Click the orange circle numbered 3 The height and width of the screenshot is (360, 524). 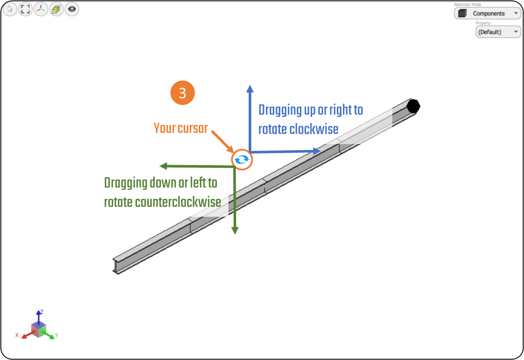(182, 93)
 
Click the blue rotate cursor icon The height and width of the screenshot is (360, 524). (242, 160)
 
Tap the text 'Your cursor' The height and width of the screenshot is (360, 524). (181, 128)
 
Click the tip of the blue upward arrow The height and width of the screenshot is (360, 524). (249, 86)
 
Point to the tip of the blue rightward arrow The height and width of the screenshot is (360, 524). (319, 151)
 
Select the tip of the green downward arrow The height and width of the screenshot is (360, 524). (235, 233)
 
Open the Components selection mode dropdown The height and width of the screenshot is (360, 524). (487, 14)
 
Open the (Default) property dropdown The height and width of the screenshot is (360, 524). (498, 32)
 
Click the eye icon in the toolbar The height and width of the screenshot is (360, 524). (72, 9)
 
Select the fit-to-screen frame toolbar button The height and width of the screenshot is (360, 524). (25, 9)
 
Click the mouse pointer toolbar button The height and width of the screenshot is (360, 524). (10, 9)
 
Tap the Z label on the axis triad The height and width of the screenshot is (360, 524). (41, 311)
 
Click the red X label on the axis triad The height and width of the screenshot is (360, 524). (17, 335)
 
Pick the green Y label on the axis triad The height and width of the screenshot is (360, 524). (56, 335)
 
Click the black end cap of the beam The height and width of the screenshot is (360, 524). (413, 105)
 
